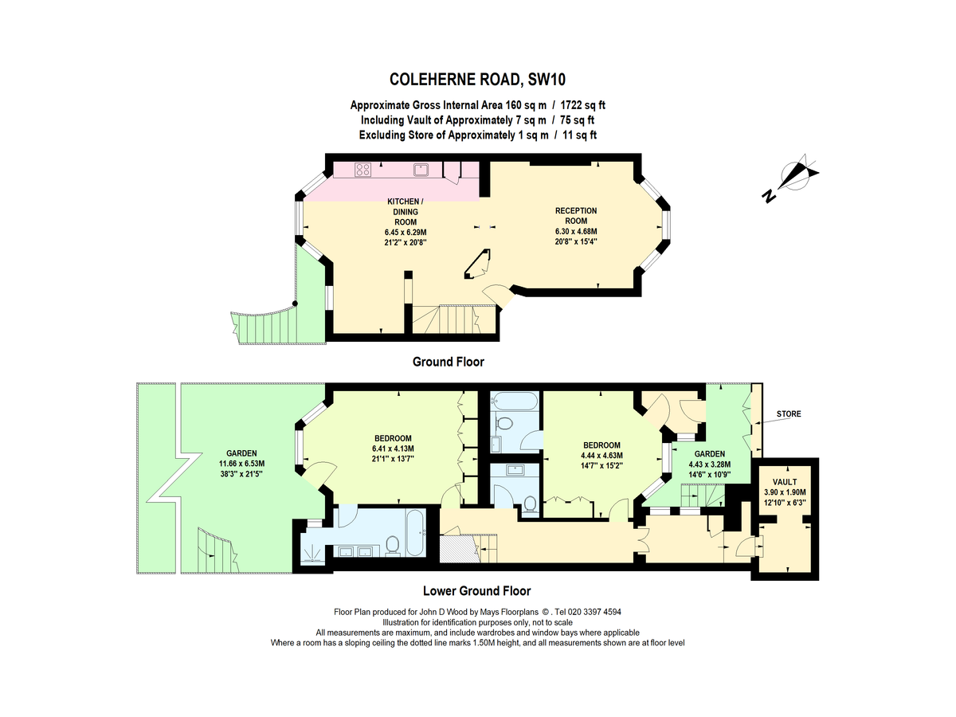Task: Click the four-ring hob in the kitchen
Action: pyautogui.click(x=362, y=169)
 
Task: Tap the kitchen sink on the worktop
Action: pyautogui.click(x=421, y=169)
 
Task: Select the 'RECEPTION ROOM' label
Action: pyautogui.click(x=576, y=216)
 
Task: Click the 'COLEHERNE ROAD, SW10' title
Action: pyautogui.click(x=477, y=79)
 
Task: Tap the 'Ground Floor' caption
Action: pyautogui.click(x=448, y=362)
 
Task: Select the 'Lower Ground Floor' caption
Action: pyautogui.click(x=476, y=591)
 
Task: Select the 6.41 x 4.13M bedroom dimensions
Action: pyautogui.click(x=393, y=449)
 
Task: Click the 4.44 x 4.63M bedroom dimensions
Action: pyautogui.click(x=601, y=456)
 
